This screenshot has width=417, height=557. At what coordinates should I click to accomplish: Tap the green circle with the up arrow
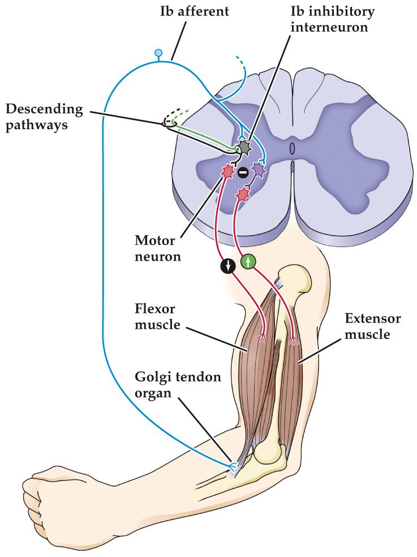click(x=248, y=261)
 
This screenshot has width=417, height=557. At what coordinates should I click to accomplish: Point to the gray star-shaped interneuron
click(x=243, y=148)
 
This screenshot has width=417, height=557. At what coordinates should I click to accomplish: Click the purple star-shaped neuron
click(x=259, y=169)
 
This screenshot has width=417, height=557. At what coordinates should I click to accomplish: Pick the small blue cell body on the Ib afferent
click(x=158, y=53)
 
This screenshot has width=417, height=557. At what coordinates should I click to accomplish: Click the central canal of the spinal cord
click(x=292, y=149)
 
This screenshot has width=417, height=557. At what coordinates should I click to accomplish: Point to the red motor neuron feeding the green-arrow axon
click(x=242, y=194)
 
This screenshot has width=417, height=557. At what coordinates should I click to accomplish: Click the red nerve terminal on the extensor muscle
click(x=294, y=342)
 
